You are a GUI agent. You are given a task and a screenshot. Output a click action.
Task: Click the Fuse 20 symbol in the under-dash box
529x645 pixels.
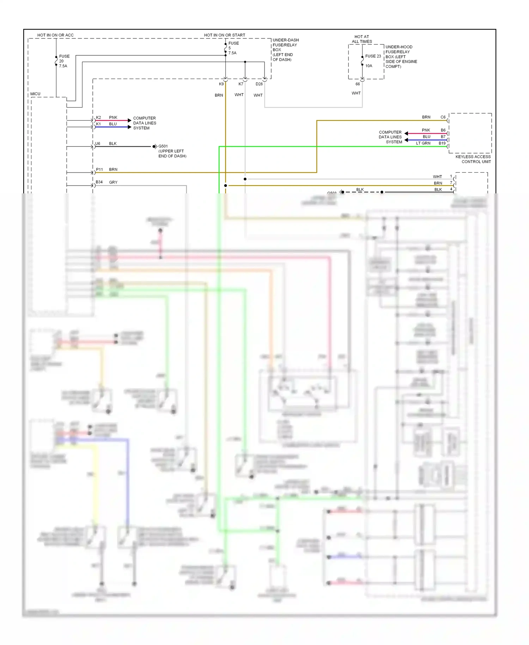tap(56, 61)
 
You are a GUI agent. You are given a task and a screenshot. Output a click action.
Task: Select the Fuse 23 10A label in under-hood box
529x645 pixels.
tap(373, 61)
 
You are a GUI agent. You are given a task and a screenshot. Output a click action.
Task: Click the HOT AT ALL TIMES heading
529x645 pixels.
tap(361, 39)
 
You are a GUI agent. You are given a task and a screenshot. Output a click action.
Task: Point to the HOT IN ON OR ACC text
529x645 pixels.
tap(55, 35)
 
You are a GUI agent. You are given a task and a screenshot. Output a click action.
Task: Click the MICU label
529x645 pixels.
tap(35, 94)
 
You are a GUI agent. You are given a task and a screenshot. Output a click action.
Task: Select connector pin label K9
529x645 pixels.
tap(221, 84)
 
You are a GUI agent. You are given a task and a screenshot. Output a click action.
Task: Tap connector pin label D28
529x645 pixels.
tap(259, 84)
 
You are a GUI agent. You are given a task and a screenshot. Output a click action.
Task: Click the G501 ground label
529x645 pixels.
tap(163, 146)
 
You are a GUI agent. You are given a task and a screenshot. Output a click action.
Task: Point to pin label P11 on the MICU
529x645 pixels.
tap(99, 169)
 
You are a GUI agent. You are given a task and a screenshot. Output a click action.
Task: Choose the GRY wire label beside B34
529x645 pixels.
tap(113, 182)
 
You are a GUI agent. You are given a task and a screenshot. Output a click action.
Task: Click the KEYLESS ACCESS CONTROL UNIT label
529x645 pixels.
tap(473, 159)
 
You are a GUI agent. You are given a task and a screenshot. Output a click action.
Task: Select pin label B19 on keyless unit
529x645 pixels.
tap(442, 143)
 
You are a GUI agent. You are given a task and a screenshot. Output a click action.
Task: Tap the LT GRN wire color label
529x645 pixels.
tap(423, 143)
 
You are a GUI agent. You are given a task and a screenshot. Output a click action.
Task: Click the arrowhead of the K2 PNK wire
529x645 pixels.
tap(129, 120)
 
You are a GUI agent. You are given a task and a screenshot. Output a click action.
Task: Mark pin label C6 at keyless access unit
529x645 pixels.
tap(443, 117)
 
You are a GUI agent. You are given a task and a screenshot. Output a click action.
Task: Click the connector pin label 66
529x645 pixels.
tap(358, 84)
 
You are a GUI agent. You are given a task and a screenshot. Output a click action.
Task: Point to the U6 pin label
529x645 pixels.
tap(98, 144)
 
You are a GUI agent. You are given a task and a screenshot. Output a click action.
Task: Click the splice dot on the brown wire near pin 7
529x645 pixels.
tap(225, 185)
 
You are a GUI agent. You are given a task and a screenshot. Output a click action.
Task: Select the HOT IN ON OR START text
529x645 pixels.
tap(224, 35)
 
